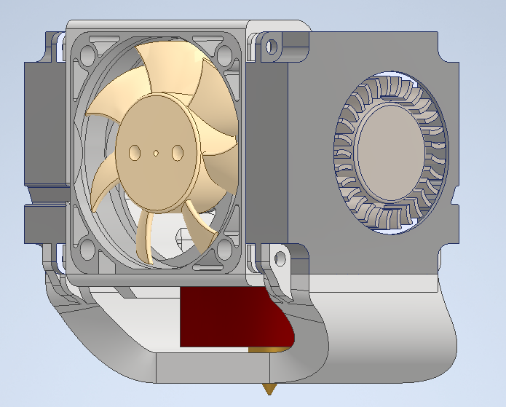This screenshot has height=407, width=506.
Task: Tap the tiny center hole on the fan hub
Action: (156, 153)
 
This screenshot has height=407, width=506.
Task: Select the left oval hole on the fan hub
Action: (135, 153)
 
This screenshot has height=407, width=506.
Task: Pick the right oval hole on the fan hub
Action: (176, 153)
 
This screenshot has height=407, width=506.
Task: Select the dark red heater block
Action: (226, 317)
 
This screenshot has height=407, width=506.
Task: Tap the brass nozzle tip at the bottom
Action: (269, 389)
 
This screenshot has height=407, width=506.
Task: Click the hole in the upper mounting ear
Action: (272, 47)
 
